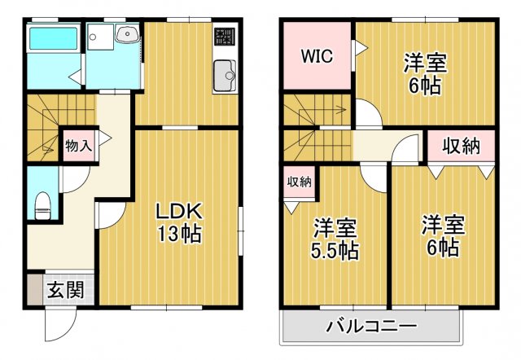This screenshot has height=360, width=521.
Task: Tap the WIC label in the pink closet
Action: point(316,57)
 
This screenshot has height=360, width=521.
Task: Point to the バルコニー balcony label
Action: point(372,328)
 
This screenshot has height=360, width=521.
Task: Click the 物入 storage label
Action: point(78,147)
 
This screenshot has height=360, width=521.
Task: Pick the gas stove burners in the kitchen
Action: point(224,37)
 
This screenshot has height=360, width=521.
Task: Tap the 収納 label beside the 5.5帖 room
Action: point(299,182)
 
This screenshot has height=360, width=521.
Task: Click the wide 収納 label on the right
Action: point(461,147)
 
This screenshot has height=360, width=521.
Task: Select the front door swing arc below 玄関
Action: point(57,326)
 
